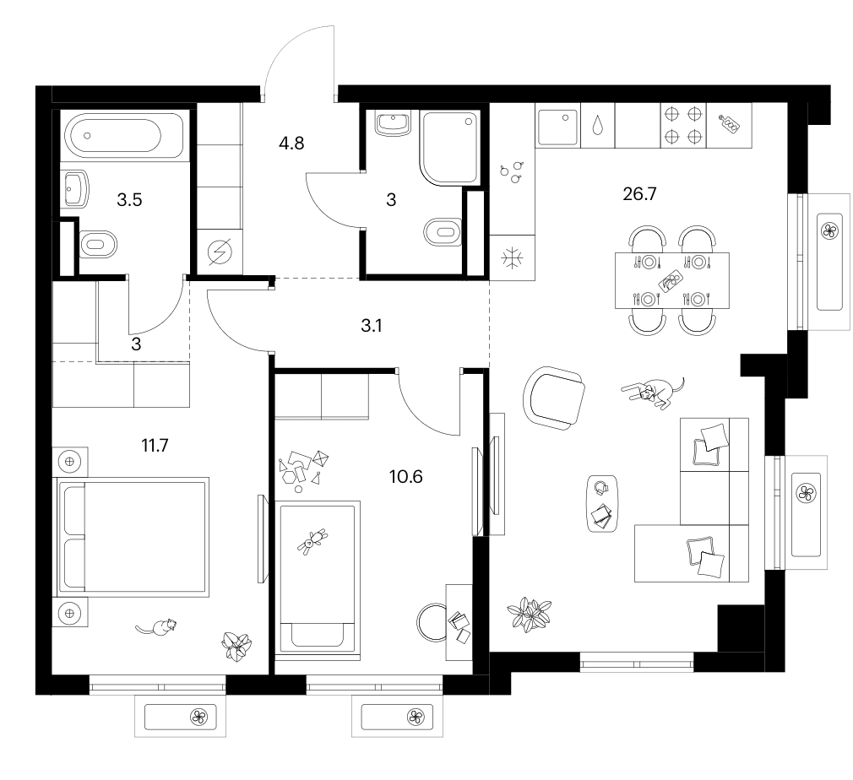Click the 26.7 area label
(639, 193)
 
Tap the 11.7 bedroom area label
(155, 446)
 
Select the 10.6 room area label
(406, 476)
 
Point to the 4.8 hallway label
(291, 143)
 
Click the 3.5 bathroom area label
(129, 199)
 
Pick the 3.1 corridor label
(371, 325)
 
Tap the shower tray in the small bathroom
(449, 148)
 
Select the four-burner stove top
(684, 125)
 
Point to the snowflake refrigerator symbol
(512, 257)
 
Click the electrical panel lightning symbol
(220, 252)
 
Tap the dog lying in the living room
(653, 391)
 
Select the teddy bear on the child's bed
(312, 541)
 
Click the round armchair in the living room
(554, 398)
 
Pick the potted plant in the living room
(529, 614)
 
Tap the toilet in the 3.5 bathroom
(99, 244)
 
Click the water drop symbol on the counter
(598, 125)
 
